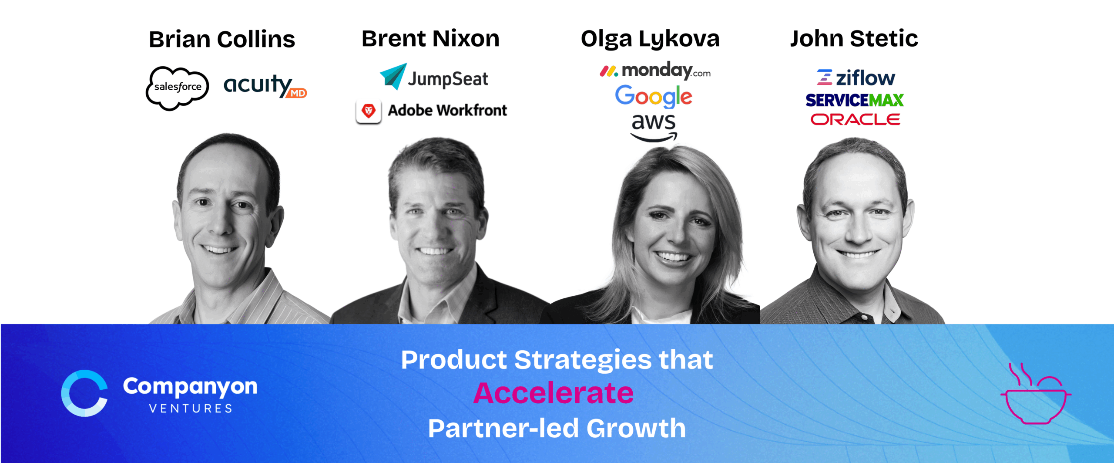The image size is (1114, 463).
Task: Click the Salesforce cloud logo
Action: pos(177,88)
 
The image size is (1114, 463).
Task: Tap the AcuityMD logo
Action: pos(265,85)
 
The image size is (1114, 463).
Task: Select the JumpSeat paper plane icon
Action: pos(393,76)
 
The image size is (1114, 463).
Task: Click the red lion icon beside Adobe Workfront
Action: pos(369,112)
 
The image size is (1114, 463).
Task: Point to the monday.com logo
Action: pos(655,71)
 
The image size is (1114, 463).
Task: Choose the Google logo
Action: pos(653,96)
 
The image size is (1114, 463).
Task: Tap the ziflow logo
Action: pos(856,78)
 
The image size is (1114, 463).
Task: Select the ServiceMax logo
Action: pos(855,100)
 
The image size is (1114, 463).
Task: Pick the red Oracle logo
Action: pos(855,119)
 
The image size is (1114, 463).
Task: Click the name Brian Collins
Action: pos(222,39)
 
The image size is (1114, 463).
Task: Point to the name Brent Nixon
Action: pos(430,38)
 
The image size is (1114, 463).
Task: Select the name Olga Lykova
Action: pos(650,39)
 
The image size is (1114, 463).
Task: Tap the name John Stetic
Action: pos(854,38)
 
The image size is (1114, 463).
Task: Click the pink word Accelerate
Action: pos(554,393)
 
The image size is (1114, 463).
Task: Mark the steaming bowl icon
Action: pos(1036,394)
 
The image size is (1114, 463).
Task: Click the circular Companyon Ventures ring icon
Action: pos(84,393)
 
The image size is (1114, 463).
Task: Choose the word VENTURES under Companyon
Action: pos(191,409)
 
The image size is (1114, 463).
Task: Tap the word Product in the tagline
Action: pos(454,360)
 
